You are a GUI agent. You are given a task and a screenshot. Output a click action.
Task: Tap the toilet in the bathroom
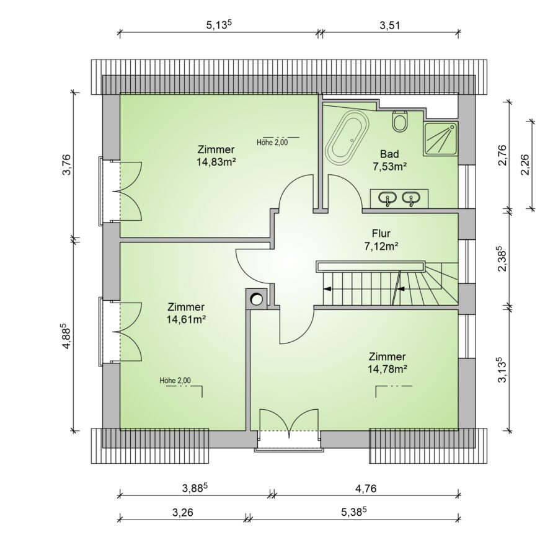click(x=400, y=122)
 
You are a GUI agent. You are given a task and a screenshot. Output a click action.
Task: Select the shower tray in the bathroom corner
click(x=440, y=139)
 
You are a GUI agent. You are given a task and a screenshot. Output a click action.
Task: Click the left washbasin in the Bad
click(x=387, y=198)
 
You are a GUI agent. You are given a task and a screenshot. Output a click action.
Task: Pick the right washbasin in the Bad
click(x=412, y=198)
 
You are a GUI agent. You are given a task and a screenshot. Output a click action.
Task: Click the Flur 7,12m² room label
click(x=381, y=239)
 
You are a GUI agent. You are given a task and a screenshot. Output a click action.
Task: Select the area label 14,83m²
click(x=216, y=162)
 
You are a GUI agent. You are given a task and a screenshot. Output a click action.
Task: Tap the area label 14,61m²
click(x=187, y=319)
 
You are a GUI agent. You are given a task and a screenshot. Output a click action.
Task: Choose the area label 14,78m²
click(x=387, y=369)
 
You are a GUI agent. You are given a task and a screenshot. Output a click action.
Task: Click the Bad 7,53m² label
click(x=390, y=160)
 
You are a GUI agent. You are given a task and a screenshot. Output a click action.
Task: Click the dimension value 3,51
click(x=391, y=25)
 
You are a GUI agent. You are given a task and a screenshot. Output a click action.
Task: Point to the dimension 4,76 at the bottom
click(x=365, y=489)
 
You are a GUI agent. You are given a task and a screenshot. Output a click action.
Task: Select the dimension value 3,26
click(x=182, y=513)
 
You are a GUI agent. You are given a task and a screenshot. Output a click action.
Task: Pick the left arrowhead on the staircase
click(x=327, y=289)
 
